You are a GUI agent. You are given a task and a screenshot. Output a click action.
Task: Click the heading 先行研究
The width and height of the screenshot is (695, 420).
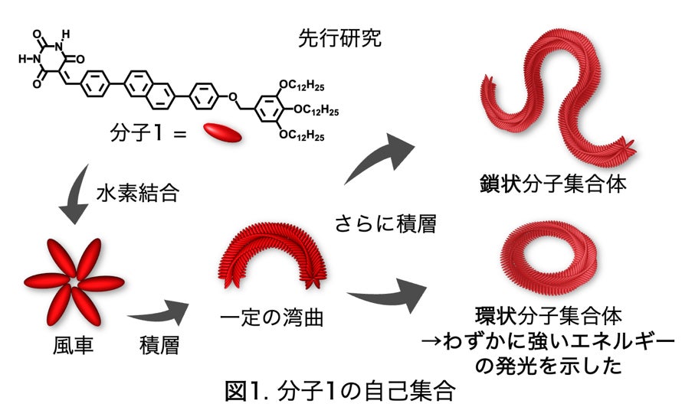click(339, 40)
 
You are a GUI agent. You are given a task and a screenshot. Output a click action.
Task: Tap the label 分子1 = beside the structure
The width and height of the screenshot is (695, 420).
click(149, 135)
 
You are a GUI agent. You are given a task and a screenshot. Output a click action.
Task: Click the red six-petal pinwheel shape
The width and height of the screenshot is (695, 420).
click(73, 280)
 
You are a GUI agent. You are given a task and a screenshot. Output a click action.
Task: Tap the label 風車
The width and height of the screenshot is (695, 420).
click(69, 346)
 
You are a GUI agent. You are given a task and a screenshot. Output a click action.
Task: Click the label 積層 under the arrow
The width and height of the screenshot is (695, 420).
click(161, 346)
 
